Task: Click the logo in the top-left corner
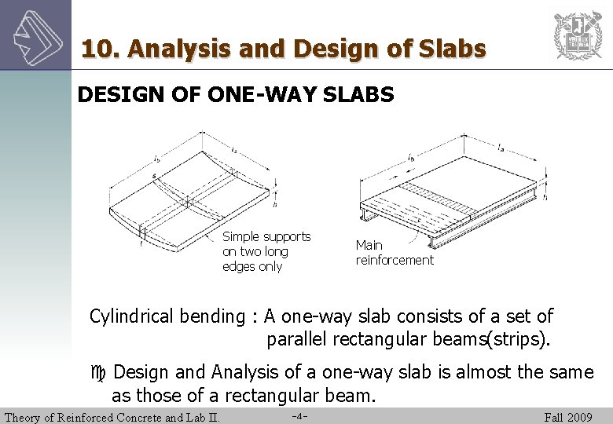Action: (x=35, y=35)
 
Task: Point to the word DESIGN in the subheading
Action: (x=113, y=95)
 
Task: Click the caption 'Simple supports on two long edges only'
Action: (x=266, y=251)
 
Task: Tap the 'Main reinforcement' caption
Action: (x=394, y=253)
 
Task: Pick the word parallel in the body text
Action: (x=298, y=340)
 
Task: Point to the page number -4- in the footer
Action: (x=299, y=416)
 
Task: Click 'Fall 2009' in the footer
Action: (x=568, y=417)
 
